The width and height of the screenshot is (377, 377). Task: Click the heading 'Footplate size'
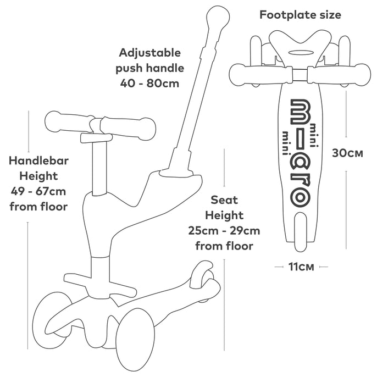pyautogui.click(x=300, y=15)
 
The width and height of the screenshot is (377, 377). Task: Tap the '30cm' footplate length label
pyautogui.click(x=347, y=153)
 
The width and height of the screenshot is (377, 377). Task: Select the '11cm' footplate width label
pyautogui.click(x=301, y=267)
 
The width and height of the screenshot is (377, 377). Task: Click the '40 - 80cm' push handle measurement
pyautogui.click(x=149, y=84)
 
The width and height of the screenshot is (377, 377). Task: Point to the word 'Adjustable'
pyautogui.click(x=149, y=53)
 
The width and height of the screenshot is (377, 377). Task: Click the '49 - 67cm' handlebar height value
pyautogui.click(x=38, y=192)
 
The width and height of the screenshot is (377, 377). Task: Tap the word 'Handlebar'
pyautogui.click(x=38, y=161)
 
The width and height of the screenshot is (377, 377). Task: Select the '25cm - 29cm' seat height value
pyautogui.click(x=224, y=231)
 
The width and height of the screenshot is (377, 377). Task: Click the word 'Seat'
pyautogui.click(x=224, y=200)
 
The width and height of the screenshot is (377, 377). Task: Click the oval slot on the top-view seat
pyautogui.click(x=300, y=52)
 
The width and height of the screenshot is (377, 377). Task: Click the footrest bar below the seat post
pyautogui.click(x=100, y=284)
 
